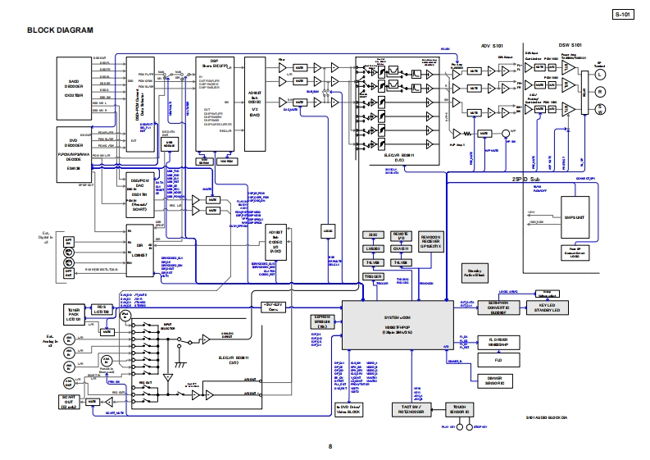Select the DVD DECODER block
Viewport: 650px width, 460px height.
[72, 151]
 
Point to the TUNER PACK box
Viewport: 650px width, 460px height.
[74, 313]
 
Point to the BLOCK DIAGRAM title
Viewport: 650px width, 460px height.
[61, 30]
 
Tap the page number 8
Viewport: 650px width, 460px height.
[330, 446]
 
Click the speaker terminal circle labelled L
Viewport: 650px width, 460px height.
[599, 72]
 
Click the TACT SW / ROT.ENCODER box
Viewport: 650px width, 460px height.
[411, 409]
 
